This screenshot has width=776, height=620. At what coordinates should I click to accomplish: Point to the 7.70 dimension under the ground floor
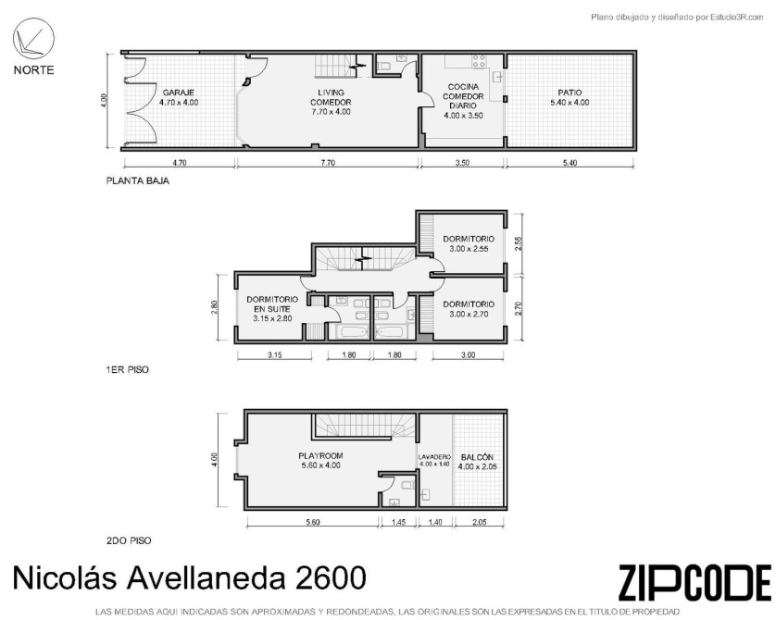pos(328,163)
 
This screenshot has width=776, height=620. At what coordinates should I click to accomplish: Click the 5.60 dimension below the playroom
pos(313,522)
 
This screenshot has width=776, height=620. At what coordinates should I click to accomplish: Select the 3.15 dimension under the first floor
pos(274,354)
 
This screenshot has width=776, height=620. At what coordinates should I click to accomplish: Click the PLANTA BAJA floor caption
pos(138,180)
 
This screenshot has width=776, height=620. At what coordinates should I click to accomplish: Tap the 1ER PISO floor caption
pos(127,369)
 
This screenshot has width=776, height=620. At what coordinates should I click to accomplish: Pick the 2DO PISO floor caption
pos(129,540)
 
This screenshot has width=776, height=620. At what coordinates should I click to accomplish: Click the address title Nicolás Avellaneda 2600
pos(190,577)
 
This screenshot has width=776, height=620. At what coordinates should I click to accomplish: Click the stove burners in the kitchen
pos(479,61)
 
